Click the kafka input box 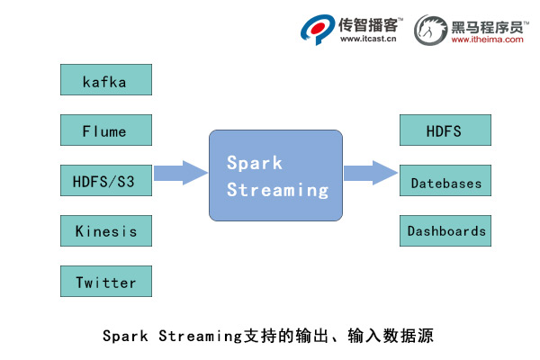click(x=105, y=80)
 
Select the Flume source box click(x=105, y=130)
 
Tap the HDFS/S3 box click(x=105, y=180)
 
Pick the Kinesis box click(x=105, y=230)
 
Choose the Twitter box click(x=105, y=282)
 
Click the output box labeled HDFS click(x=445, y=130)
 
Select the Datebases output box click(x=445, y=183)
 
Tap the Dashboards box click(x=445, y=231)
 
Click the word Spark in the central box click(x=255, y=163)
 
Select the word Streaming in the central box click(x=277, y=190)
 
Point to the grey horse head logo click(x=431, y=29)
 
